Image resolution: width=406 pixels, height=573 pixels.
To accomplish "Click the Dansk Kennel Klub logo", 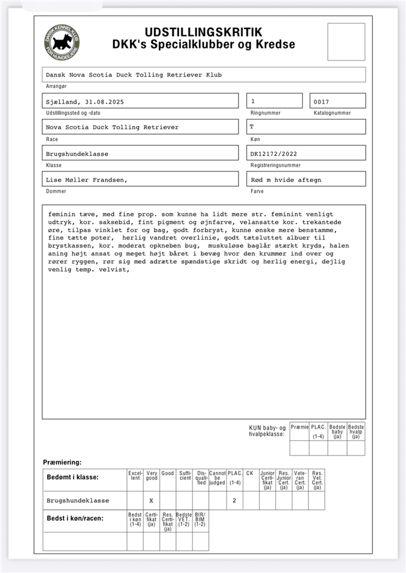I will pyautogui.click(x=61, y=42).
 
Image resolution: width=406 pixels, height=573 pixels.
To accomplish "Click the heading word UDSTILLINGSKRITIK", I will pyautogui.click(x=203, y=32).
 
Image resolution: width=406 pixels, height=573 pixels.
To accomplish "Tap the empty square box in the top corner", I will pyautogui.click(x=346, y=42).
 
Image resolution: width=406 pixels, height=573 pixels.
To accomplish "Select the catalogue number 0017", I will pyautogui.click(x=322, y=101).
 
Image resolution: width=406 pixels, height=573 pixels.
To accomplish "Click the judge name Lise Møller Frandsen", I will pyautogui.click(x=86, y=179).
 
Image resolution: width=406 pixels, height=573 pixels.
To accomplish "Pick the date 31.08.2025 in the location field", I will pyautogui.click(x=104, y=102).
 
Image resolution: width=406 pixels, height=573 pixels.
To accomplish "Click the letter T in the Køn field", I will pyautogui.click(x=252, y=127).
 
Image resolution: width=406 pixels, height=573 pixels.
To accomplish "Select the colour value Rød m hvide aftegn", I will pyautogui.click(x=286, y=179).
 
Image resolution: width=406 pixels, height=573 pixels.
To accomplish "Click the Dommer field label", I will pyautogui.click(x=56, y=192).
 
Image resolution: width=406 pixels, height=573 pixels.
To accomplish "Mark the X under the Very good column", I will pyautogui.click(x=151, y=501).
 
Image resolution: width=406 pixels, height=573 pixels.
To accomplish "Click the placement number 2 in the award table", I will pyautogui.click(x=234, y=501).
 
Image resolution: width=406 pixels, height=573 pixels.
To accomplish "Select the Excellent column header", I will pyautogui.click(x=135, y=476).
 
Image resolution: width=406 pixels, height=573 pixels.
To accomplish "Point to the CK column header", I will pyautogui.click(x=249, y=472).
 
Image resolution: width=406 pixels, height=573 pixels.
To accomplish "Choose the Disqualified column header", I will pyautogui.click(x=201, y=478).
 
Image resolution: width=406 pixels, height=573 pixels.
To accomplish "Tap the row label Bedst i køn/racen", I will pyautogui.click(x=75, y=518).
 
